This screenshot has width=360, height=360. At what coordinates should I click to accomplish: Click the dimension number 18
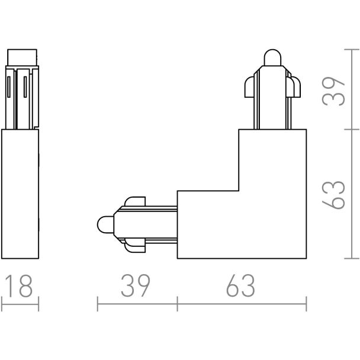click(x=20, y=285)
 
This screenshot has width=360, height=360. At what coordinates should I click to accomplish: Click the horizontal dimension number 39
click(x=136, y=285)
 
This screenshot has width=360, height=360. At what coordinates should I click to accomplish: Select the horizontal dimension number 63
click(x=240, y=285)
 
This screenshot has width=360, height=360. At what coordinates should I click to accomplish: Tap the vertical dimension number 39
click(x=333, y=91)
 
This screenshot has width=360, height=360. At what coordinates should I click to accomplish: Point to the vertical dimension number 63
click(x=333, y=195)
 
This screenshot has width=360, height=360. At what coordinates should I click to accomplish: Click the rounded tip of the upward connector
click(x=272, y=57)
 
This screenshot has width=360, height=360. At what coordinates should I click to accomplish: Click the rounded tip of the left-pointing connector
click(x=105, y=224)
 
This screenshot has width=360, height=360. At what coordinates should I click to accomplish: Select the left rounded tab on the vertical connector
click(x=249, y=87)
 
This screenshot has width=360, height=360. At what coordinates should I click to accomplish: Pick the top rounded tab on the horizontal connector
click(x=135, y=201)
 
